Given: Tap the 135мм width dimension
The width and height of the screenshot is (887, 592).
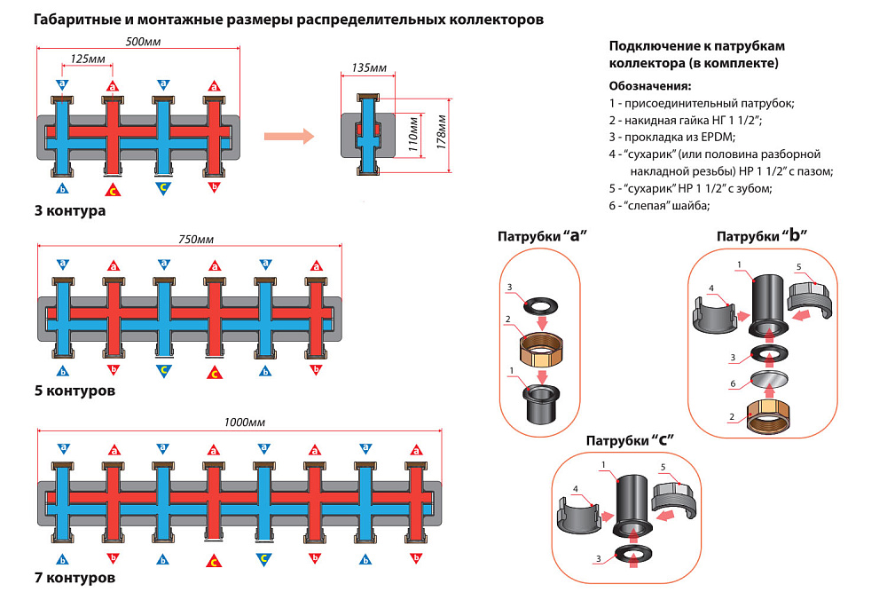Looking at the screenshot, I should point(368,67).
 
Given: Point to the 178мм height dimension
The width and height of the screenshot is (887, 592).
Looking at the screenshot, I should point(441,134).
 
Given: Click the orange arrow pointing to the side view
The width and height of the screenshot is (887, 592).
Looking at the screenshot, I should point(290,137).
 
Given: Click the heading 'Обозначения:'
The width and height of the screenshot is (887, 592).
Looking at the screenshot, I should point(650,86).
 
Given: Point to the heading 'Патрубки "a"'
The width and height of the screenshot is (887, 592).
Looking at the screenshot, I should point(544,237).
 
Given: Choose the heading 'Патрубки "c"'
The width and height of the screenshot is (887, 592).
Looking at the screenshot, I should point(631,440).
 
